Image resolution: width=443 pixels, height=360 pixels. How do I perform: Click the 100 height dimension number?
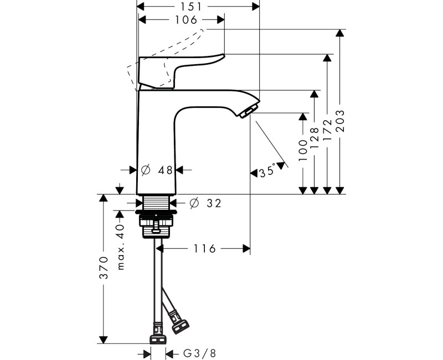coord(302,151)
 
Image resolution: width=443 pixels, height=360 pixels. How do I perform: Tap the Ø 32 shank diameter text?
coord(205,203)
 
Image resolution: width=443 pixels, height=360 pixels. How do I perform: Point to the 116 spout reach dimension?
coord(205,249)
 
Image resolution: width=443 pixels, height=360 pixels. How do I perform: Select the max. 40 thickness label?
coord(121,246)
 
